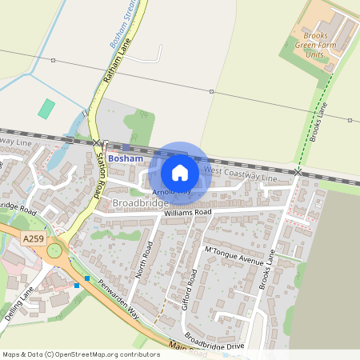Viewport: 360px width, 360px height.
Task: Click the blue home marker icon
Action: (180, 173)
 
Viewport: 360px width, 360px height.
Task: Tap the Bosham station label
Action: (125, 159)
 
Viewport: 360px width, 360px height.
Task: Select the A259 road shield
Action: (34, 238)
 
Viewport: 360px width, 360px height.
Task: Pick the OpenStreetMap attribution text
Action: (81, 354)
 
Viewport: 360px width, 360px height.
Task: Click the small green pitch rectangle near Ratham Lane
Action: (47, 108)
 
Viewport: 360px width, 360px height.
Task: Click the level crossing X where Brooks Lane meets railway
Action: (298, 171)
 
